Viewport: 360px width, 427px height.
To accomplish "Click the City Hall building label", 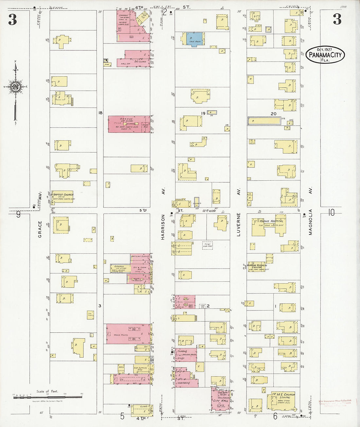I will point(221,400).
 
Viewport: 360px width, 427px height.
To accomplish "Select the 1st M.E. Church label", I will point(283,395).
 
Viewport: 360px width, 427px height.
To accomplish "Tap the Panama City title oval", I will point(325,55).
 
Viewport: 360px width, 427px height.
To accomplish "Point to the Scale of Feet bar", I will point(47,397).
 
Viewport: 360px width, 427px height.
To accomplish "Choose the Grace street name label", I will point(40,229).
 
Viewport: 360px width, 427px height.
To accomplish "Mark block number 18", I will point(100,113).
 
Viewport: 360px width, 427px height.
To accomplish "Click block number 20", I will point(273,114).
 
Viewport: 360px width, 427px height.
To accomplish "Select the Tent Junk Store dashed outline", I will point(207,245).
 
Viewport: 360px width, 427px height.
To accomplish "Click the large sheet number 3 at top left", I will point(12,20).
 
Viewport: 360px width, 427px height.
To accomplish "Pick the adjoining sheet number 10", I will point(331,213).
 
